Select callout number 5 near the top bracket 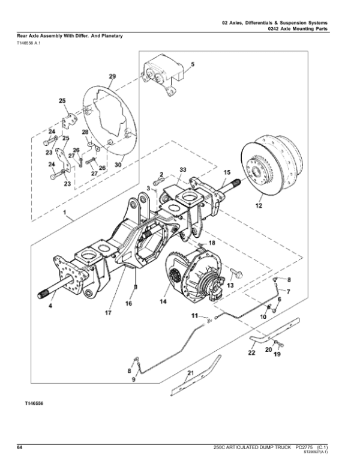[192, 64]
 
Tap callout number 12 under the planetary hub [259, 207]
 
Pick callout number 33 [182, 172]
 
